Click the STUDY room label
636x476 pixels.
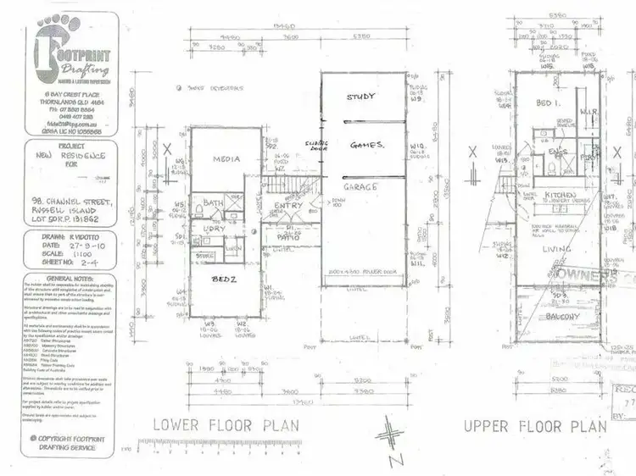coord(360,97)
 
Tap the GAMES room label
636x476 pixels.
coord(368,145)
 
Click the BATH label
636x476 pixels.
coord(213,203)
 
